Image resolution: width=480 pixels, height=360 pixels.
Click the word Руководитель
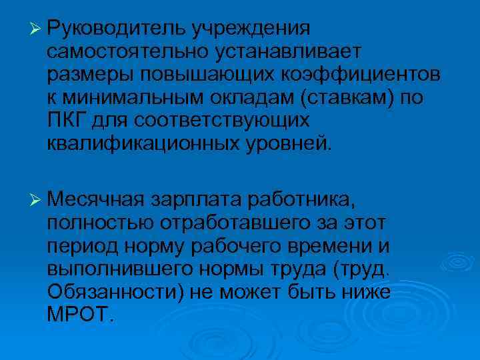click(116, 29)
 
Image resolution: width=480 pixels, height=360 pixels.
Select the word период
click(81, 245)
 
